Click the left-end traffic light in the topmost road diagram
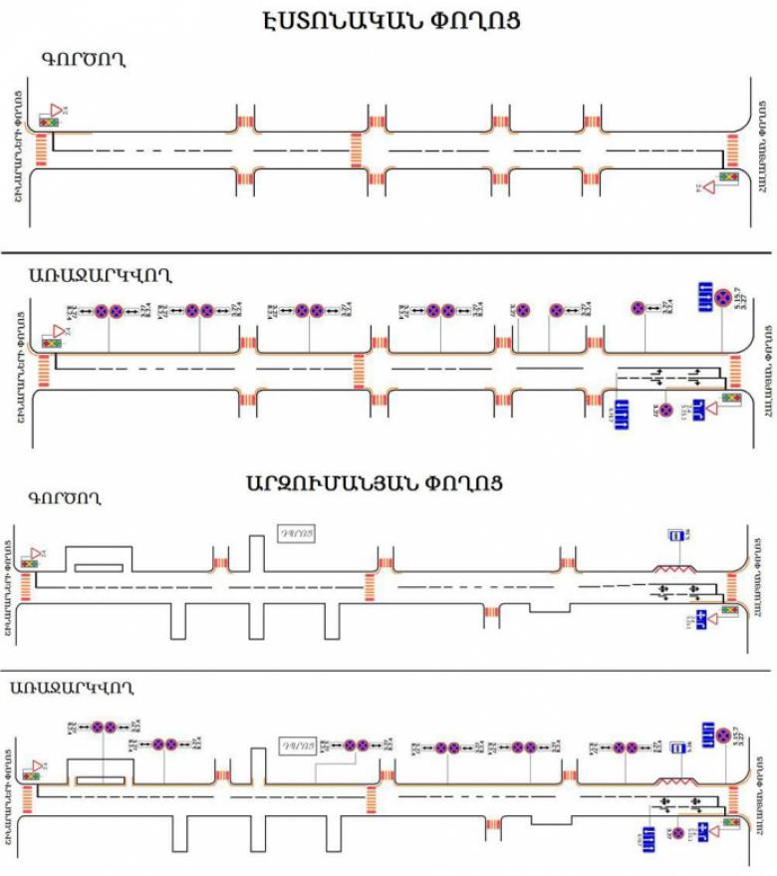(x=48, y=121)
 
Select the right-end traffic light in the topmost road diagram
(x=728, y=176)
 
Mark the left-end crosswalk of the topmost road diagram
(x=42, y=149)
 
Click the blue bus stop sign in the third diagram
(x=676, y=535)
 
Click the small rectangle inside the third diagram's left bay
(x=99, y=567)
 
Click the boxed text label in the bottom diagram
(x=298, y=744)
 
